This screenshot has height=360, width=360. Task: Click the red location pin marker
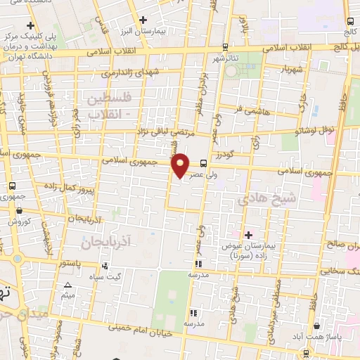coord(181,165)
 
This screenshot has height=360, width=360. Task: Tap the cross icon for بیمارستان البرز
coord(143,20)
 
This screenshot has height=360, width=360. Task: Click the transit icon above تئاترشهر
coord(224,47)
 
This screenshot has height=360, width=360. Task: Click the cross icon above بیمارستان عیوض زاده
coord(247,234)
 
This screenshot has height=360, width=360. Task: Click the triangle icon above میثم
coord(67,285)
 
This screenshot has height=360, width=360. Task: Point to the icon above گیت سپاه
coord(104,266)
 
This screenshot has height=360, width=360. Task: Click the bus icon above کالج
coord(346,21)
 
